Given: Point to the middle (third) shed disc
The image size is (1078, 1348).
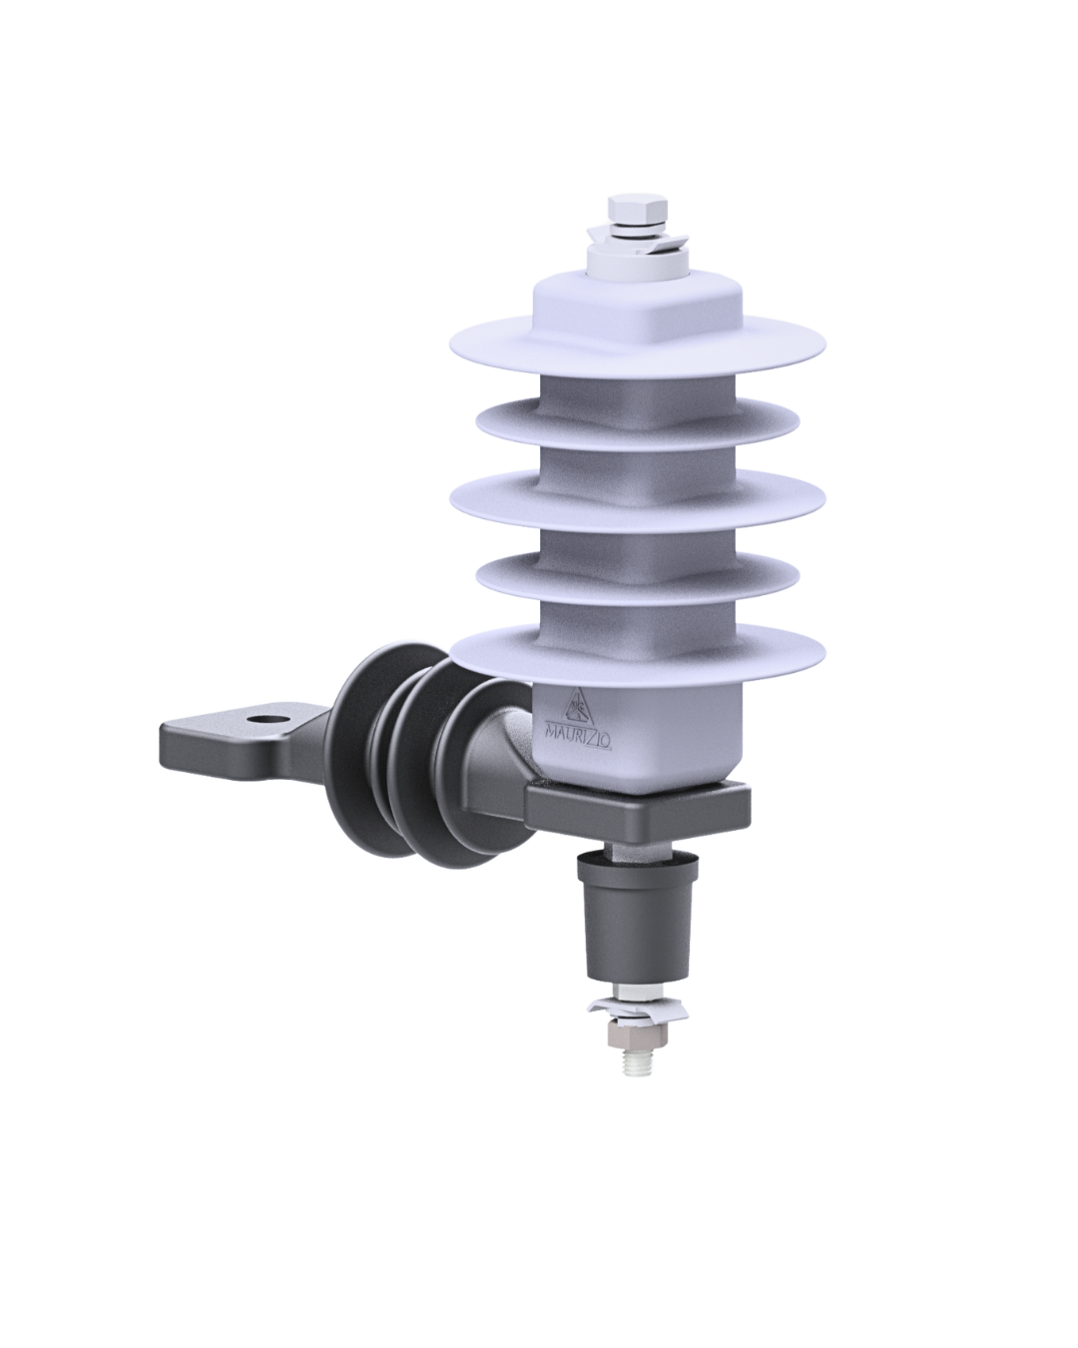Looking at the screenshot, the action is coord(638,502).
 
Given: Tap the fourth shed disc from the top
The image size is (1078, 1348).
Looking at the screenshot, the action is coord(638,575).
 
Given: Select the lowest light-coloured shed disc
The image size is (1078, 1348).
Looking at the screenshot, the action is coord(638,655).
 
